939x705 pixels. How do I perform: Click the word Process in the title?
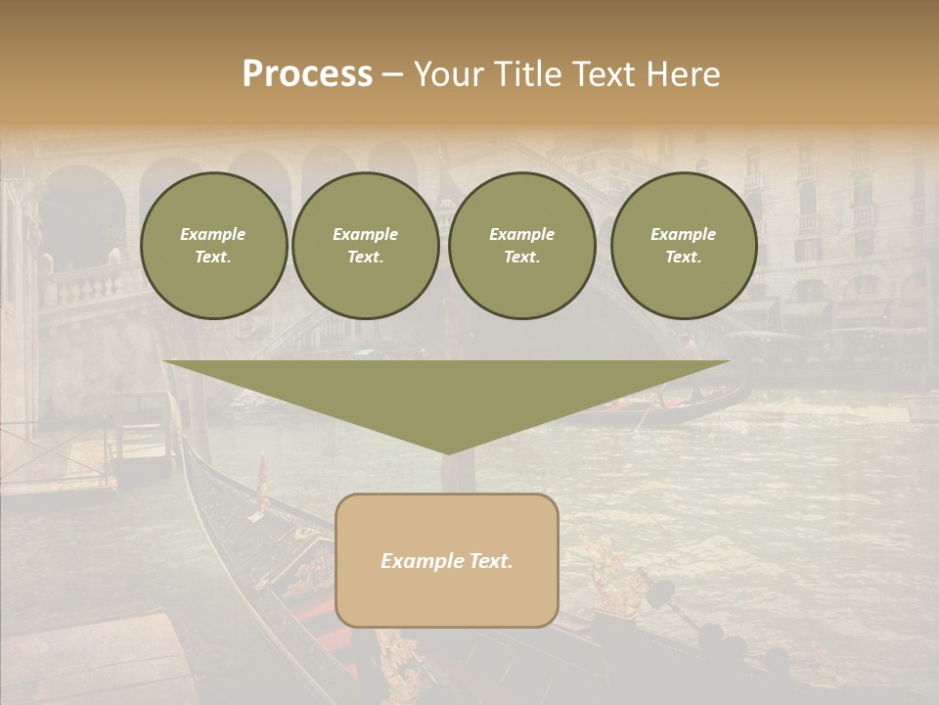pyautogui.click(x=307, y=74)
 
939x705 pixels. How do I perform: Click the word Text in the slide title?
pyautogui.click(x=604, y=74)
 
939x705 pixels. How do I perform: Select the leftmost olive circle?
pyautogui.click(x=214, y=246)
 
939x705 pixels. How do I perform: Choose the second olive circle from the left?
pyautogui.click(x=366, y=246)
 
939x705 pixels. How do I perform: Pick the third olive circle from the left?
pyautogui.click(x=522, y=246)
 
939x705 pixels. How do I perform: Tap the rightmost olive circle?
pyautogui.click(x=684, y=246)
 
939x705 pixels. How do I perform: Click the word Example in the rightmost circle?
pyautogui.click(x=683, y=234)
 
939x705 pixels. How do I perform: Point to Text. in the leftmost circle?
pyautogui.click(x=213, y=258)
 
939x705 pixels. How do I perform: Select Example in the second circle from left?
pyautogui.click(x=365, y=234)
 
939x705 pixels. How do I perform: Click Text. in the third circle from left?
pyautogui.click(x=521, y=258)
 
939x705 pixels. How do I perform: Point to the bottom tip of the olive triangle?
pyautogui.click(x=447, y=452)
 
